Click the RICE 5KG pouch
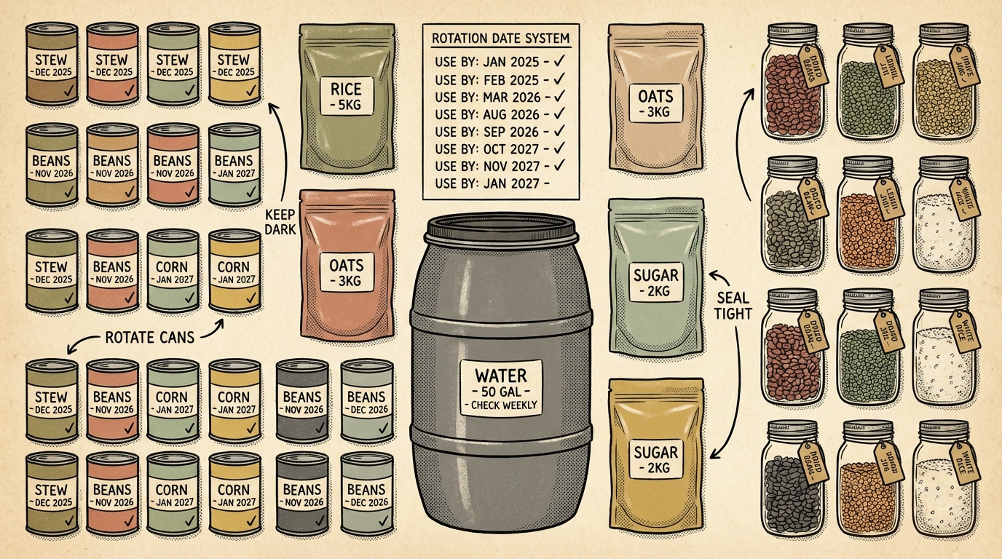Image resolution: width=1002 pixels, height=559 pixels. [x=341, y=98]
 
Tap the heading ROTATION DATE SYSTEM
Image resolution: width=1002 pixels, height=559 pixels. [x=500, y=39]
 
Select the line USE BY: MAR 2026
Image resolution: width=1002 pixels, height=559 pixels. [x=488, y=97]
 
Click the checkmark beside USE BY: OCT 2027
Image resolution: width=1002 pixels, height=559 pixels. [x=560, y=149]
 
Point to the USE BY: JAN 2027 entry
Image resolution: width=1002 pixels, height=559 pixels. [x=488, y=184]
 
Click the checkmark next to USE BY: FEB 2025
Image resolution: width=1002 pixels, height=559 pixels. [x=560, y=79]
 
